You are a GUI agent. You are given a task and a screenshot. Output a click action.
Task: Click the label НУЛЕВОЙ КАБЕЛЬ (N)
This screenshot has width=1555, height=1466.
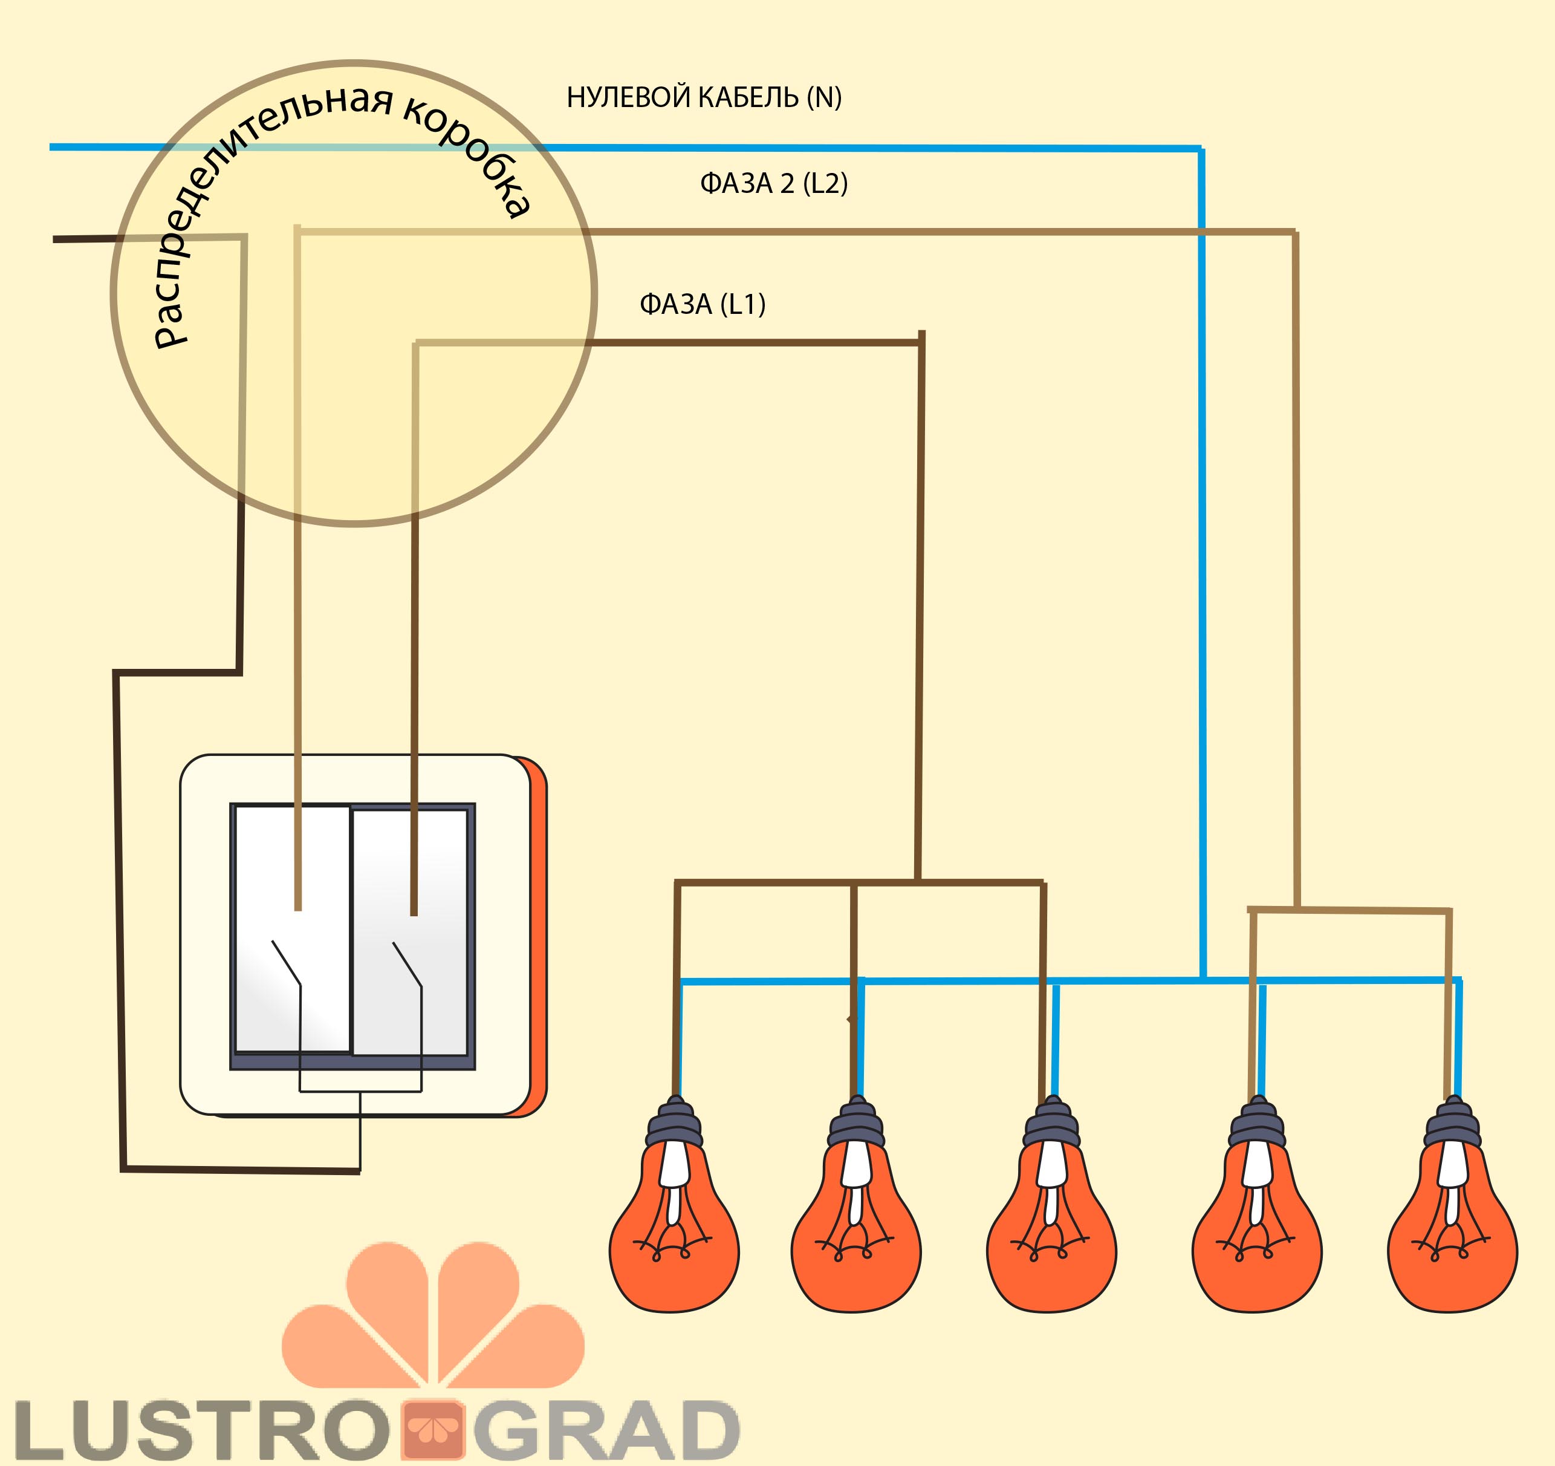(x=703, y=98)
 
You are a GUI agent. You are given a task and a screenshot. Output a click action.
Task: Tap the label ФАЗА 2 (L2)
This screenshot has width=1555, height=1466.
(x=773, y=184)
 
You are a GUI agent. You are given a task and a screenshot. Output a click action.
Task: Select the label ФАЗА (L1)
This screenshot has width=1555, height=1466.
(x=702, y=304)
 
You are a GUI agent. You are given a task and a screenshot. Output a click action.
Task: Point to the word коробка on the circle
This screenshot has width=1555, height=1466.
(x=469, y=157)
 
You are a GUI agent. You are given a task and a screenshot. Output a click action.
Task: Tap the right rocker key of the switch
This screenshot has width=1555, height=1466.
(x=411, y=931)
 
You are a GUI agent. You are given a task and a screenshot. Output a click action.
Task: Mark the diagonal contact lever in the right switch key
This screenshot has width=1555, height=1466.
(x=407, y=964)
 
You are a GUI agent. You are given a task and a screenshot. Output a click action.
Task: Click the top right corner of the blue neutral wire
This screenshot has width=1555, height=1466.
(x=1201, y=148)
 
